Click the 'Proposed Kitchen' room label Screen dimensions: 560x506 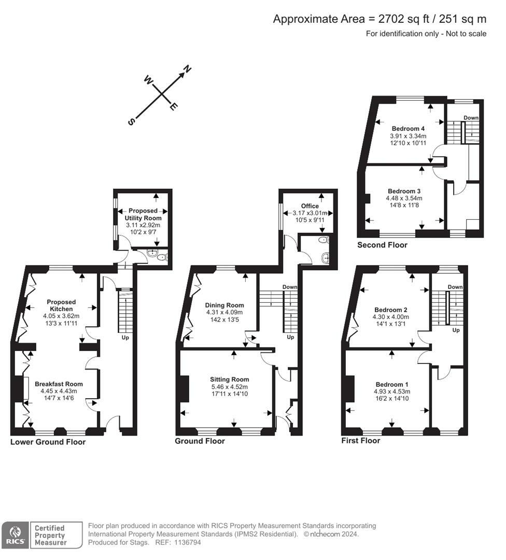point(61,305)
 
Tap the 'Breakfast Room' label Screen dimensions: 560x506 point(59,384)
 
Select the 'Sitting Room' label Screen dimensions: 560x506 point(230,379)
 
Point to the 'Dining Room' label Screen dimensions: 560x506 point(224,305)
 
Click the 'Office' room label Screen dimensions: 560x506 point(310,206)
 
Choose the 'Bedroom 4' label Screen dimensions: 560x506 point(408,129)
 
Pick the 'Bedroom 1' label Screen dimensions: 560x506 point(391,384)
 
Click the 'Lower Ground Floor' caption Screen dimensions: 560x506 point(48,442)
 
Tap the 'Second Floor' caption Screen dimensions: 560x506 point(382,245)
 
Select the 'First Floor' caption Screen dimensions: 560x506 point(360,440)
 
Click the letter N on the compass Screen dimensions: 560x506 point(188,69)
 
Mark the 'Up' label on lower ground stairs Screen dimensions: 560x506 point(125,338)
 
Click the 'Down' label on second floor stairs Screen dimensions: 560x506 point(471,118)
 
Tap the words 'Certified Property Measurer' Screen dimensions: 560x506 point(50,535)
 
